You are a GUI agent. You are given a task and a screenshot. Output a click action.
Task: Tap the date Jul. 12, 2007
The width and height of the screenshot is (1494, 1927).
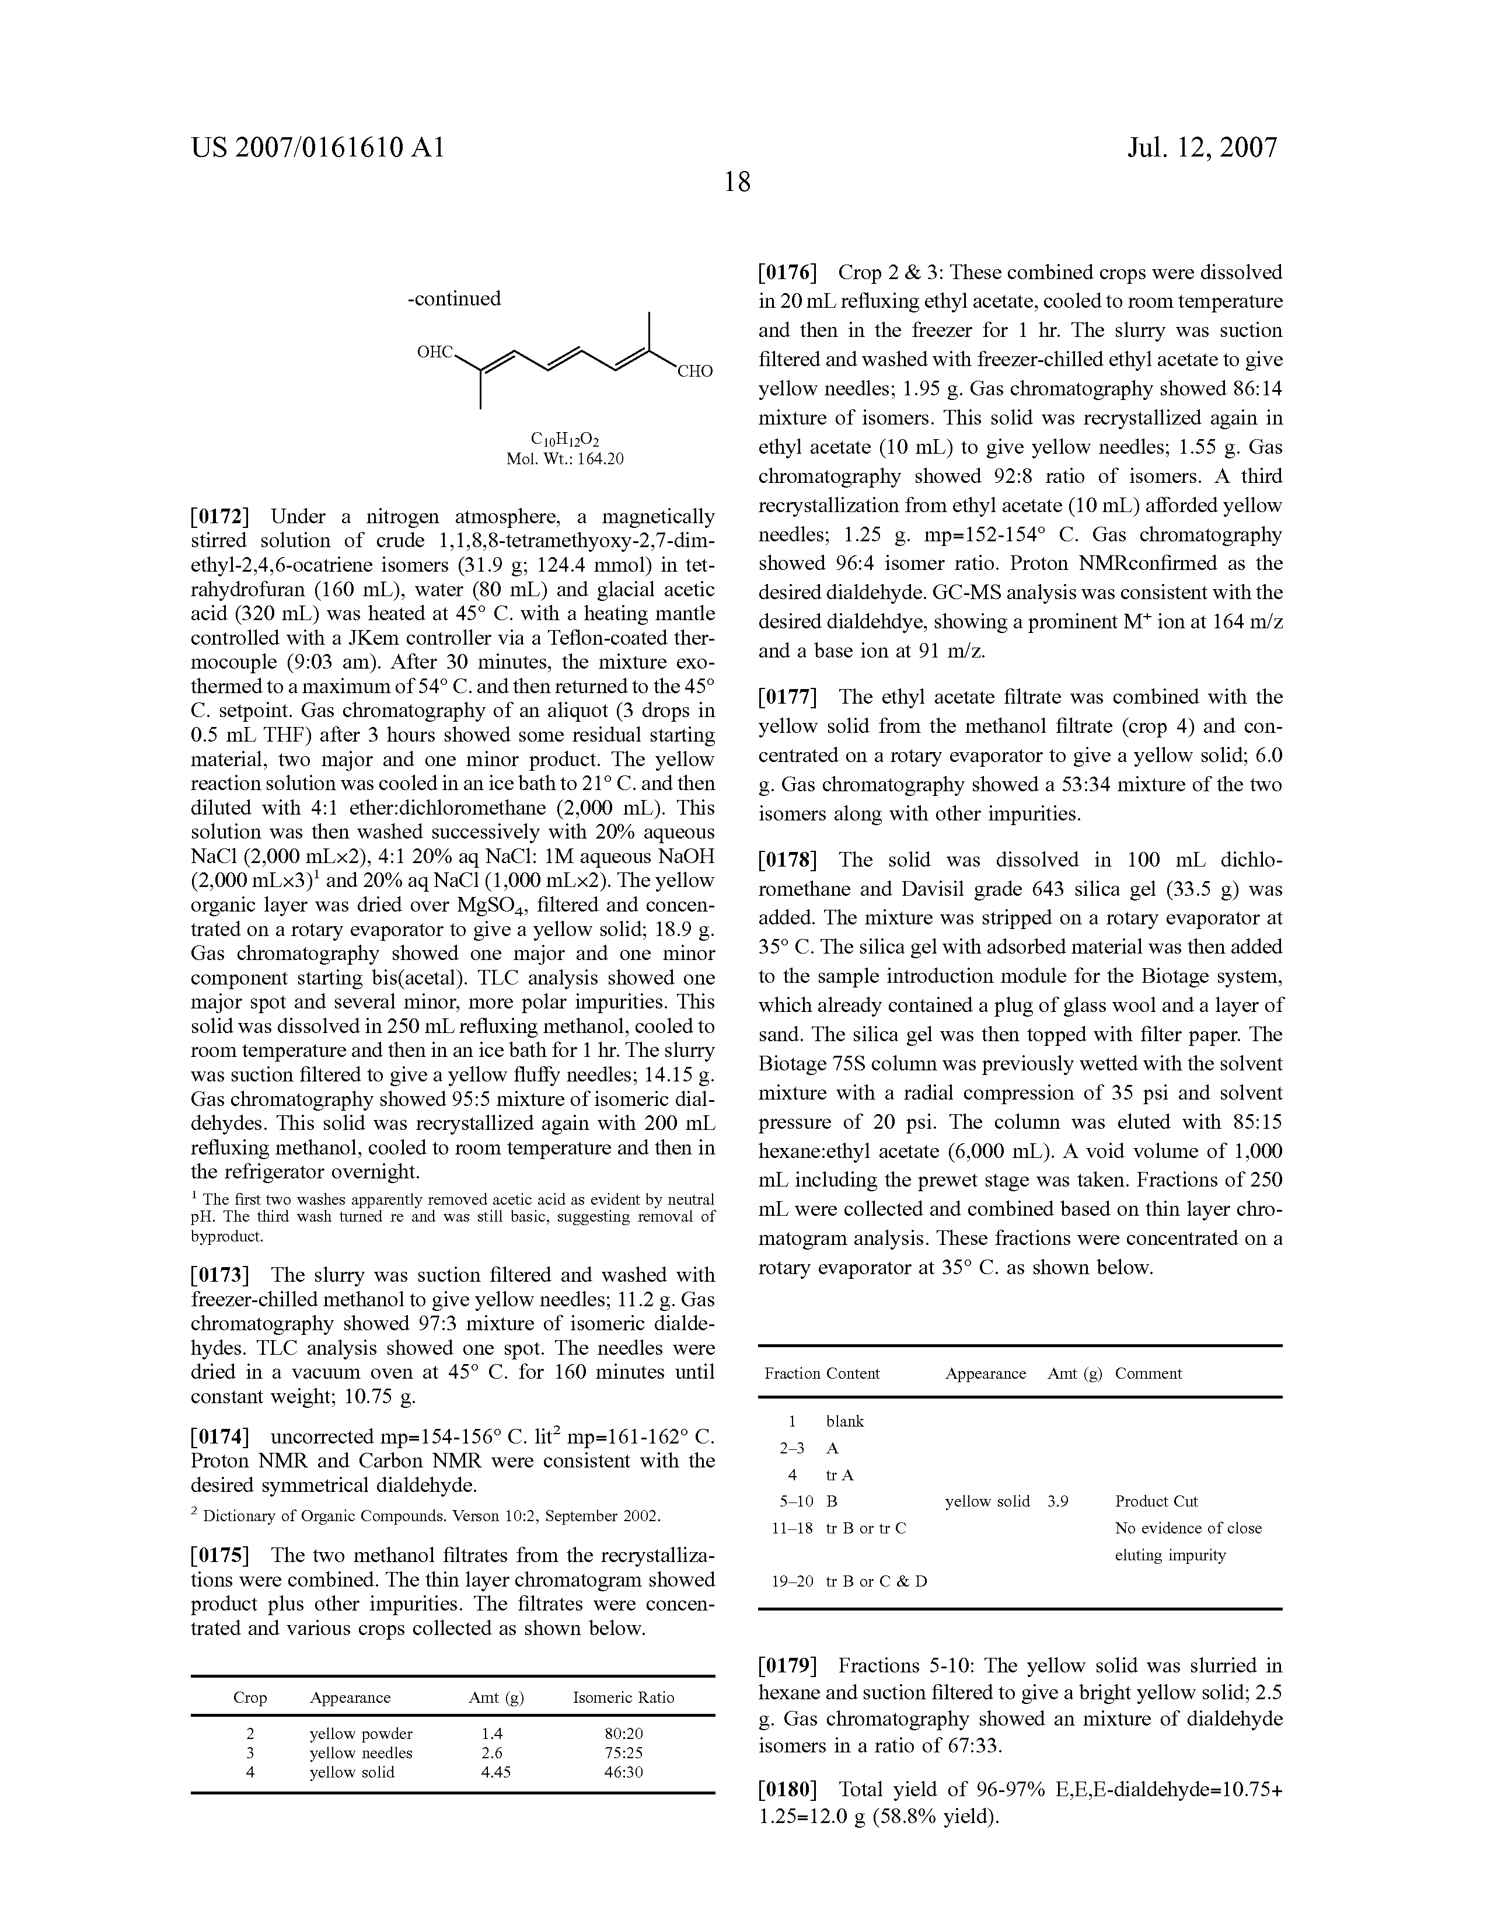coord(1202,147)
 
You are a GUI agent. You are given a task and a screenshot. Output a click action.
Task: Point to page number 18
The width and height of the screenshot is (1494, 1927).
coord(737,183)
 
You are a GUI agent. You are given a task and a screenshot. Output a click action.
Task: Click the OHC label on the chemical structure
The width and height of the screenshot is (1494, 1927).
coord(435,353)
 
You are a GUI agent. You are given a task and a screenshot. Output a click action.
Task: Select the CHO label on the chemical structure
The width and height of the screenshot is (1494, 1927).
coord(694,371)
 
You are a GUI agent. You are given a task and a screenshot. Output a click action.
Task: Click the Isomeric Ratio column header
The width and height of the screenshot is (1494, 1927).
coord(623,1698)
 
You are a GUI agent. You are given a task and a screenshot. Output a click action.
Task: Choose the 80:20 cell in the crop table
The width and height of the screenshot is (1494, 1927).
coord(623,1734)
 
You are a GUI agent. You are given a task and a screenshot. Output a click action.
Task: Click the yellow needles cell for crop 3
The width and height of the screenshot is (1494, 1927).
coord(361,1753)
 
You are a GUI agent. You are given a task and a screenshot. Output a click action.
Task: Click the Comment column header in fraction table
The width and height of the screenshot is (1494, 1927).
coord(1149,1374)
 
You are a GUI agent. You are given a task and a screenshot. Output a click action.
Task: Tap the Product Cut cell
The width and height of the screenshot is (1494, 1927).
coord(1156,1501)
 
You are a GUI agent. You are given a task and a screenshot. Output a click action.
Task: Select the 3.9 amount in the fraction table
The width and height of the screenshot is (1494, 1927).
coord(1058,1501)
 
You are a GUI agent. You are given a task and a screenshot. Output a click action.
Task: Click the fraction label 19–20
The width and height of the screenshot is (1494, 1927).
coord(792,1581)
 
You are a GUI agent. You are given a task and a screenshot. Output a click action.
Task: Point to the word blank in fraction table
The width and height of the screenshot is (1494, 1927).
coord(845,1421)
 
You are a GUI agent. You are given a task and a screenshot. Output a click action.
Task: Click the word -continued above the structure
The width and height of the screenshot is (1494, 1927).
coord(454,299)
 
